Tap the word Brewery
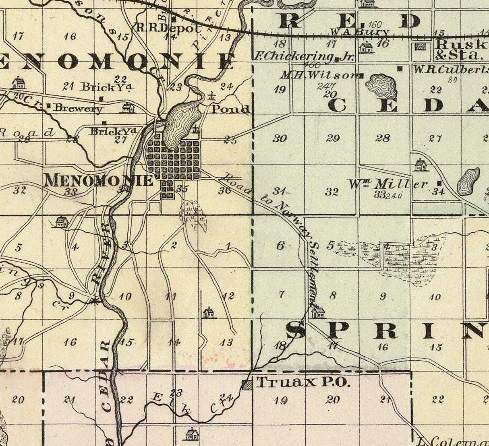coord(79,108)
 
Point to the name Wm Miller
coord(387,184)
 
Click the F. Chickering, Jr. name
coord(303,57)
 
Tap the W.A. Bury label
coord(360,32)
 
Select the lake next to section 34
coord(468,182)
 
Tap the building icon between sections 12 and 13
coord(209,312)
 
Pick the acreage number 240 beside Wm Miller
coord(394,196)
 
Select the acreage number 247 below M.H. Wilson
coord(323,85)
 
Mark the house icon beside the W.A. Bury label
coord(366,47)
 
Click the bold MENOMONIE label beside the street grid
coord(99,180)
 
